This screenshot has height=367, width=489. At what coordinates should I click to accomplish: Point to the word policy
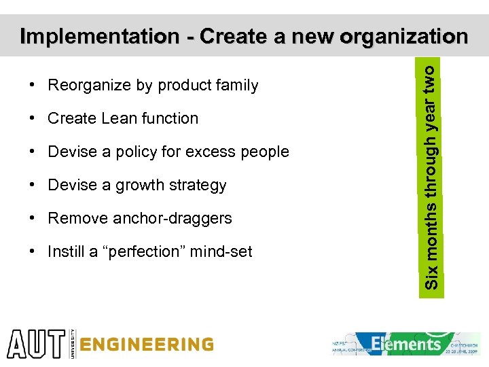pos(124,152)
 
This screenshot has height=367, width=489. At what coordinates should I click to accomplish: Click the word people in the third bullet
pos(266,152)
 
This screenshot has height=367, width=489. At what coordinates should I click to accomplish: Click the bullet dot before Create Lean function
pos(33,118)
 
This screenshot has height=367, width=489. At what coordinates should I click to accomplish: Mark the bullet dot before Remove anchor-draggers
pos(33,218)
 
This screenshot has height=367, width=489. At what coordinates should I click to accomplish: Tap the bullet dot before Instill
pos(33,251)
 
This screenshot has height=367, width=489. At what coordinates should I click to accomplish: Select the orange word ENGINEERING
pos(146,345)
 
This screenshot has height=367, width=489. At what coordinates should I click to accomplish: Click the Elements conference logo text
pos(406,343)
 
